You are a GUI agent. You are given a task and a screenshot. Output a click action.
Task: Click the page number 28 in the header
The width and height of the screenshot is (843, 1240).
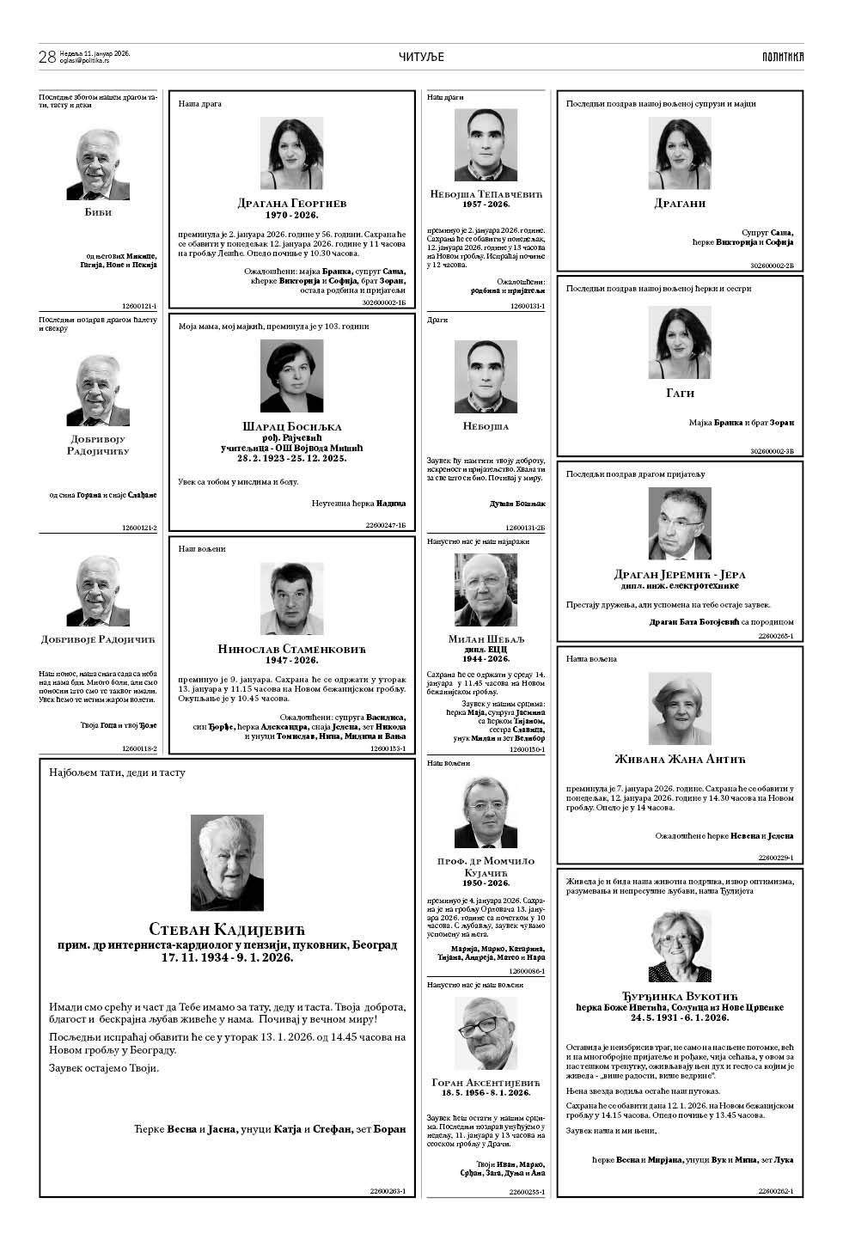[x=47, y=57]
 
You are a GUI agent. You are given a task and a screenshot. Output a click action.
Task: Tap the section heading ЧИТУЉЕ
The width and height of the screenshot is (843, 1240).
[x=421, y=57]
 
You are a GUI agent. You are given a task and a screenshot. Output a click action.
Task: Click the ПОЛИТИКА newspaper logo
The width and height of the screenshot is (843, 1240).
[x=782, y=57]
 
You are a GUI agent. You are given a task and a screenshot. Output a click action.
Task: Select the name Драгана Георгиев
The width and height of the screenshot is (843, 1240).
[x=292, y=204]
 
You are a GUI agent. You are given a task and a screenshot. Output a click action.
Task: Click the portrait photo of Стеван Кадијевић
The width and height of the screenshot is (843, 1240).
[x=227, y=863]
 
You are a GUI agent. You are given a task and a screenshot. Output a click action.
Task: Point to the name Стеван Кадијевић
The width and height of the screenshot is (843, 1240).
[x=227, y=929]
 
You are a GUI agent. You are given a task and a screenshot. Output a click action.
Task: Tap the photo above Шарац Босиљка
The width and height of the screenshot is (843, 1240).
[x=291, y=376]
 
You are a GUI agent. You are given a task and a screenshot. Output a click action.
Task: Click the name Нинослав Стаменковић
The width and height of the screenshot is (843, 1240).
[x=292, y=649]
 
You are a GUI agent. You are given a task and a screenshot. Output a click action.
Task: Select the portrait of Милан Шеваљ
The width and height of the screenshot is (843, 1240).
[x=486, y=589]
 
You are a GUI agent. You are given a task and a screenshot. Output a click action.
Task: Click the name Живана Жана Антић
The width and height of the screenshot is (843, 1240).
[x=680, y=759]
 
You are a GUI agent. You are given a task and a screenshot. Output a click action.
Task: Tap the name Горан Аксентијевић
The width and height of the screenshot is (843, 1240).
[x=486, y=1082]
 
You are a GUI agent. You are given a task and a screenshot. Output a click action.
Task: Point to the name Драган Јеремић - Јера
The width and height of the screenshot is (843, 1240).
[x=680, y=574]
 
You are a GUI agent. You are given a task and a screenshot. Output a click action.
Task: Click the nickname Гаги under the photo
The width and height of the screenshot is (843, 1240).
[x=680, y=393]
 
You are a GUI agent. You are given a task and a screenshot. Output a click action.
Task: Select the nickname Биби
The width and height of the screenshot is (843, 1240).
[x=98, y=212]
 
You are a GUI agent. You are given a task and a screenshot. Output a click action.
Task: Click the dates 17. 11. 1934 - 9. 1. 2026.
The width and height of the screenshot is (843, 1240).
[x=227, y=956]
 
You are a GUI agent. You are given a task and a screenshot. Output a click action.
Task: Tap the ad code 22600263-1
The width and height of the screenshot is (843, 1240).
[x=388, y=1191]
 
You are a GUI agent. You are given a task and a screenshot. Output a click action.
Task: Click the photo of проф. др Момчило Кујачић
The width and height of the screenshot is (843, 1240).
[x=486, y=811]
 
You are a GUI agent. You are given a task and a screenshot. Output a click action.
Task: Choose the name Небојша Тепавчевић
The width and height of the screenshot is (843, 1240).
[x=486, y=194]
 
